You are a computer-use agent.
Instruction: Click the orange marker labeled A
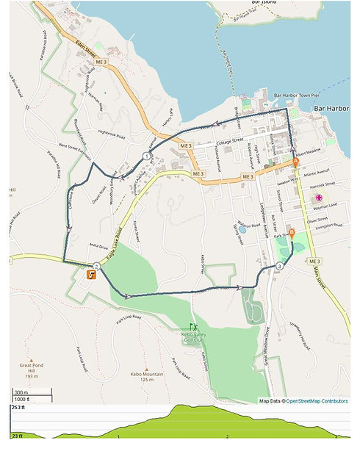pyautogui.click(x=296, y=161)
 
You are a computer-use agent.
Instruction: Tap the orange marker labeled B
pyautogui.click(x=292, y=233)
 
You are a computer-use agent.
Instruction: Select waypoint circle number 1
pyautogui.click(x=147, y=156)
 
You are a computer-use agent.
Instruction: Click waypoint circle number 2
pyautogui.click(x=96, y=266)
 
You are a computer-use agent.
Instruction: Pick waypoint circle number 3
pyautogui.click(x=280, y=267)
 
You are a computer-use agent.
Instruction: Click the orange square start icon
pyautogui.click(x=90, y=275)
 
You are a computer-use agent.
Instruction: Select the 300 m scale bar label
pyautogui.click(x=22, y=392)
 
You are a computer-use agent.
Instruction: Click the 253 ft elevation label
pyautogui.click(x=18, y=407)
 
